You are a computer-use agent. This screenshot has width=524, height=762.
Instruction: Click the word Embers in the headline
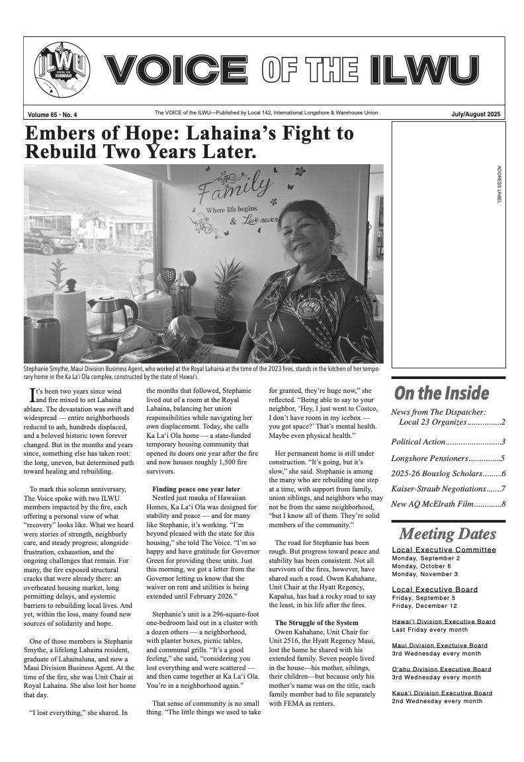pyautogui.click(x=65, y=133)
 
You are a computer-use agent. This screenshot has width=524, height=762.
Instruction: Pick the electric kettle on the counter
pyautogui.click(x=111, y=317)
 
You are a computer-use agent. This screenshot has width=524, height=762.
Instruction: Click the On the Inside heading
pyautogui.click(x=441, y=393)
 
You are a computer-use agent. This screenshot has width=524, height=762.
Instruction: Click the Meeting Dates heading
pyautogui.click(x=447, y=534)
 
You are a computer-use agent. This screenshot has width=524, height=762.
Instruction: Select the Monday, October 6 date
pyautogui.click(x=421, y=566)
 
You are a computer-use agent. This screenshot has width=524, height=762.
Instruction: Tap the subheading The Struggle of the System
pyautogui.click(x=316, y=622)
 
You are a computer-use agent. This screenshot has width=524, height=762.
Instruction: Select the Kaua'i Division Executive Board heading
pyautogui.click(x=442, y=693)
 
